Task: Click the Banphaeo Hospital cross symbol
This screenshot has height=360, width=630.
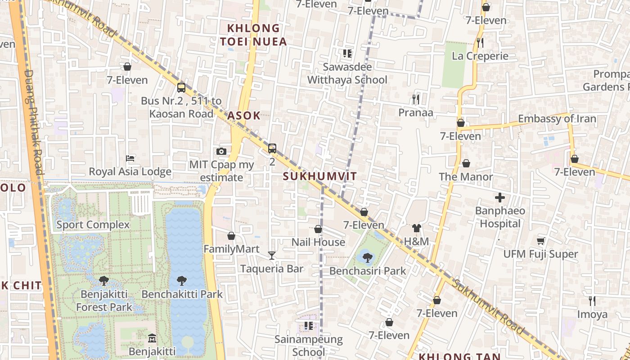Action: [499, 198]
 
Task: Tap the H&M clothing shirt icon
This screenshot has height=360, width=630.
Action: [416, 228]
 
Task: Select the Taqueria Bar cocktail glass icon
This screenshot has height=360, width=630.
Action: [271, 256]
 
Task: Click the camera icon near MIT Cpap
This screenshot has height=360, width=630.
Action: [221, 151]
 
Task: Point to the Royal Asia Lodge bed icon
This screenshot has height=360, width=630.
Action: [130, 158]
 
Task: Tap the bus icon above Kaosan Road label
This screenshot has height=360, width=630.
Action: [181, 87]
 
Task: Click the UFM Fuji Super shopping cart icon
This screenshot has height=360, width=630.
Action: [540, 241]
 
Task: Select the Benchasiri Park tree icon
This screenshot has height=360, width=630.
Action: [367, 258]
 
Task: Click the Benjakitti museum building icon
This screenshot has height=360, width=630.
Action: [152, 338]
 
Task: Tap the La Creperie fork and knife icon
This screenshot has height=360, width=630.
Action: [480, 43]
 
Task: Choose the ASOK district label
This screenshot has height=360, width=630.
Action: [243, 116]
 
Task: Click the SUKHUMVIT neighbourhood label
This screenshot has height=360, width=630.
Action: [319, 176]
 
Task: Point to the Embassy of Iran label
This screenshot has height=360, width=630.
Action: [557, 119]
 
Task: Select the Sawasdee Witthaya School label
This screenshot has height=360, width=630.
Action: [347, 73]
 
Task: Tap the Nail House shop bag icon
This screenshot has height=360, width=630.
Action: [318, 229]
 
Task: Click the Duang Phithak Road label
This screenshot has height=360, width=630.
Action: [33, 121]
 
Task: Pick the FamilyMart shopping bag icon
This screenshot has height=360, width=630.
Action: [231, 236]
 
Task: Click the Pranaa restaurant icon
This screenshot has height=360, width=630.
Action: [415, 99]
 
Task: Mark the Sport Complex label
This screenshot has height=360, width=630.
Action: [93, 225]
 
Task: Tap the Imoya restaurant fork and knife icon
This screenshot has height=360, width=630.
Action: [592, 301]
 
